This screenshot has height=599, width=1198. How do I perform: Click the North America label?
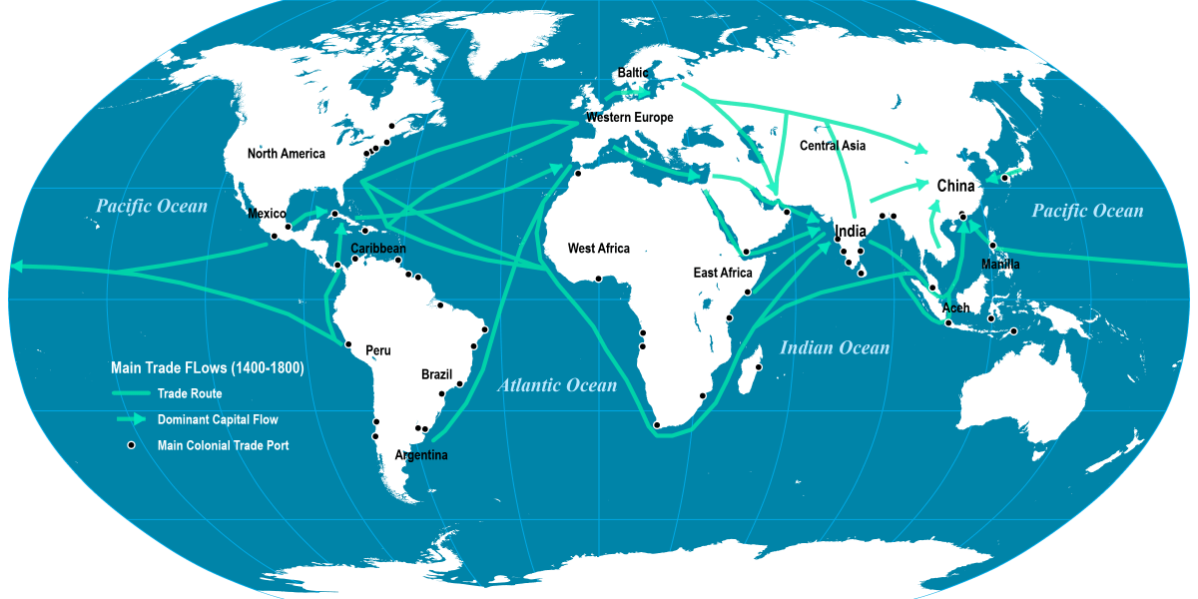click(x=287, y=154)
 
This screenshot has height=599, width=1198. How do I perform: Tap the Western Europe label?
click(x=629, y=118)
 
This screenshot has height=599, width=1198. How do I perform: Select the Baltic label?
click(x=633, y=73)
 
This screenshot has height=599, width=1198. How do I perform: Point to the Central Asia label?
click(x=833, y=146)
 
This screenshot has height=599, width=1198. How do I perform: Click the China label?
click(x=955, y=186)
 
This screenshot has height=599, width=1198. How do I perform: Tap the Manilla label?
click(x=1000, y=265)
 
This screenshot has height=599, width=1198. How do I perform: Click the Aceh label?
click(x=955, y=307)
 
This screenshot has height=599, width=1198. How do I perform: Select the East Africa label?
click(x=723, y=273)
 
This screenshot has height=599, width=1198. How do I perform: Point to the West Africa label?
click(x=599, y=249)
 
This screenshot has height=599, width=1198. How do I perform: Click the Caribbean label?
click(x=378, y=249)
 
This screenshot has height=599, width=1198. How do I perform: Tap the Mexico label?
click(x=267, y=214)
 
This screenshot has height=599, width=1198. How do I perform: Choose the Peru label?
click(x=378, y=350)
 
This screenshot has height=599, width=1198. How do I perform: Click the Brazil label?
click(x=436, y=374)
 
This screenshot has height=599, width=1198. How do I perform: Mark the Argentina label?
click(x=421, y=455)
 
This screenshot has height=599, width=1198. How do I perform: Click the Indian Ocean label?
click(x=834, y=348)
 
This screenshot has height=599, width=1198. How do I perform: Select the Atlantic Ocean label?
click(x=557, y=385)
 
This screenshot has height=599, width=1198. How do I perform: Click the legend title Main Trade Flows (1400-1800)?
click(x=207, y=368)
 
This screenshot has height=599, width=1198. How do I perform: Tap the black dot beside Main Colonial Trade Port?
click(x=130, y=445)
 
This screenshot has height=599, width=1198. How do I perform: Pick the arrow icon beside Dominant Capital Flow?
click(x=130, y=419)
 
